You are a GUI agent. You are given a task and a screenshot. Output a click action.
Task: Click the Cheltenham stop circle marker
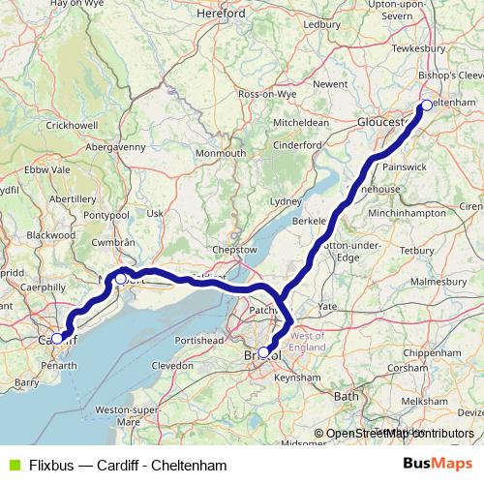coord(427,106)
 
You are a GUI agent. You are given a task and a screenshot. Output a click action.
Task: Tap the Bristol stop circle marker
coord(264,352)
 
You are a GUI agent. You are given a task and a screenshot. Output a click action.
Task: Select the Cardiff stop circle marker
coord(57,338)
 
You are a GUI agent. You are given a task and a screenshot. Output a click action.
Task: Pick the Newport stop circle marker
coord(120,279)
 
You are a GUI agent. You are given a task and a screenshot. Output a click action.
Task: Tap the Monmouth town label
coord(221,154)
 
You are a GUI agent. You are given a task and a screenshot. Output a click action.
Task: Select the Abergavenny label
coord(117,146)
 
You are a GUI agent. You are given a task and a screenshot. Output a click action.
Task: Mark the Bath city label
coord(346,397)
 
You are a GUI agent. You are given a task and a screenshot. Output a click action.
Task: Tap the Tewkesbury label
coord(419,47)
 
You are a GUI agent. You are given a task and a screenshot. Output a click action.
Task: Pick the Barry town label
coord(26,383)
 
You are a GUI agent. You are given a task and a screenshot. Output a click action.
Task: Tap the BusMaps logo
coord(437,463)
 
